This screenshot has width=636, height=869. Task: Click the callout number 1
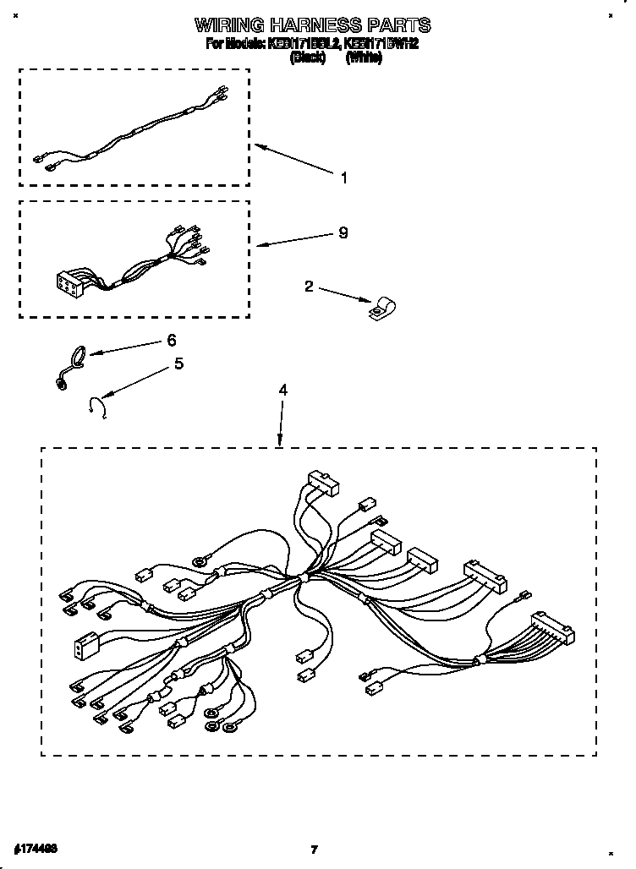344,178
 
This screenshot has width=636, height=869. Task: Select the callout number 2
310,287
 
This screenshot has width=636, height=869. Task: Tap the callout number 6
172,340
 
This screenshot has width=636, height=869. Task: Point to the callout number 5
178,363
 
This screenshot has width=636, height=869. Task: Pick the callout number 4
283,390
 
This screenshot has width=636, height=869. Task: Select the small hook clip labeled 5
96,407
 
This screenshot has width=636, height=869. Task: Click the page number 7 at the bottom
314,848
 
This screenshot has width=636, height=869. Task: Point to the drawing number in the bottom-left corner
36,846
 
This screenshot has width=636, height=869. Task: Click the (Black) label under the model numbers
308,57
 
